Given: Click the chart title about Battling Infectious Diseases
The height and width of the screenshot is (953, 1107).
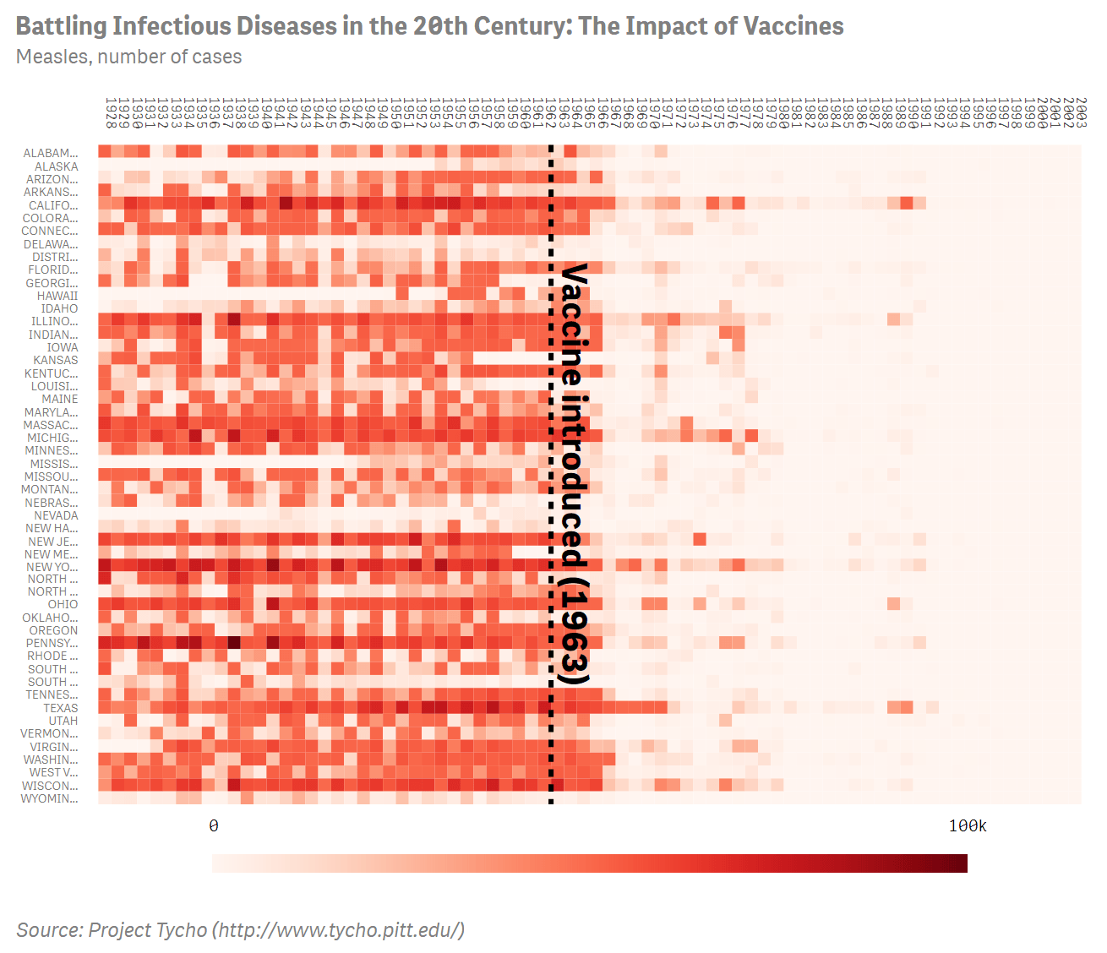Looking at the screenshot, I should (x=429, y=26).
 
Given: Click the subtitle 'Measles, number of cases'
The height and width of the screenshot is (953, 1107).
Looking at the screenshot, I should (x=128, y=57).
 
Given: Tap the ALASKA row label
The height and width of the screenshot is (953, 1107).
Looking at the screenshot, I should (x=57, y=166).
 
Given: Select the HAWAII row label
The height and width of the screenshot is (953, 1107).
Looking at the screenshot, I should (x=57, y=296).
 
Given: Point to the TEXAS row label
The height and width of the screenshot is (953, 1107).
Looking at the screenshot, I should (x=61, y=708).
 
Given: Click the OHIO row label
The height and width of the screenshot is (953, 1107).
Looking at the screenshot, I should (x=63, y=604).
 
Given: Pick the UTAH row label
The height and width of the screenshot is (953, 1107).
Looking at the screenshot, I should (x=63, y=721).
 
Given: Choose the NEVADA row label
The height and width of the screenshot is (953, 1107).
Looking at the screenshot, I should (x=56, y=515).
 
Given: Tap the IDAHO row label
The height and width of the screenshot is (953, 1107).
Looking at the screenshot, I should (x=59, y=308).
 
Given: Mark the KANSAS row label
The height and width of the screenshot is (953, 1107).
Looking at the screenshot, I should (x=56, y=360).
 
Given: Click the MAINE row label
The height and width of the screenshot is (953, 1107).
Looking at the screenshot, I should (x=60, y=399).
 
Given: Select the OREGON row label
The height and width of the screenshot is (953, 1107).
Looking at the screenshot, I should (x=53, y=630).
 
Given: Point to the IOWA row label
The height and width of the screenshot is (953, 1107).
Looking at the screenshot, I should (x=63, y=347).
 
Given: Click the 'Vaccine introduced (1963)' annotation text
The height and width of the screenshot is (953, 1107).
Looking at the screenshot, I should (x=575, y=473).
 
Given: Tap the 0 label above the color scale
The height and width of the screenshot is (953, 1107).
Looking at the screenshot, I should (x=214, y=825).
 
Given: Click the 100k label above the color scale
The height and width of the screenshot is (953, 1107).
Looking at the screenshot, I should (x=968, y=825).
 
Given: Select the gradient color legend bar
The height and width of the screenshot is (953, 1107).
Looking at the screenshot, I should (x=590, y=863).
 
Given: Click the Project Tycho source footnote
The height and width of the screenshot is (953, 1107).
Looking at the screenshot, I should (x=240, y=930).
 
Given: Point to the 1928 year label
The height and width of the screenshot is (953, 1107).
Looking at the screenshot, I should (x=110, y=112).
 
